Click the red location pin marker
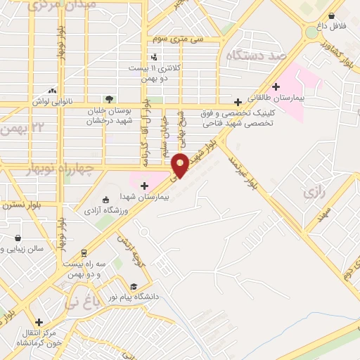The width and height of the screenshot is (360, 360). (181, 165)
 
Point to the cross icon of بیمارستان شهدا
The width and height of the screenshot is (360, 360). (144, 186)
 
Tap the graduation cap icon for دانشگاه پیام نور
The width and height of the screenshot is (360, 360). (134, 286)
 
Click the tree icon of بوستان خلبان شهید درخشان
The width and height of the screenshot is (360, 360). (108, 98)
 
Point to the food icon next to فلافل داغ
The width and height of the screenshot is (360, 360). (330, 15)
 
